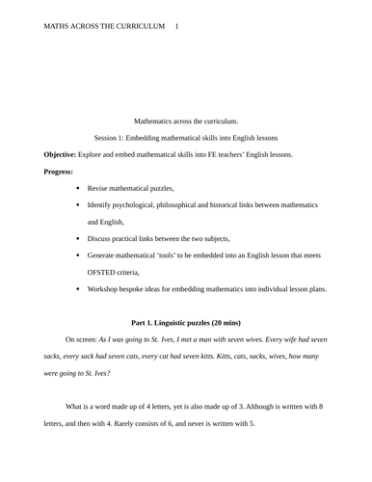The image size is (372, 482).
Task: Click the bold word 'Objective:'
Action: (66, 154)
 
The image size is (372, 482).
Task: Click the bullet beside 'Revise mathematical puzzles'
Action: (76, 188)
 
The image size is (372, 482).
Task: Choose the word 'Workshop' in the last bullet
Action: (105, 288)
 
